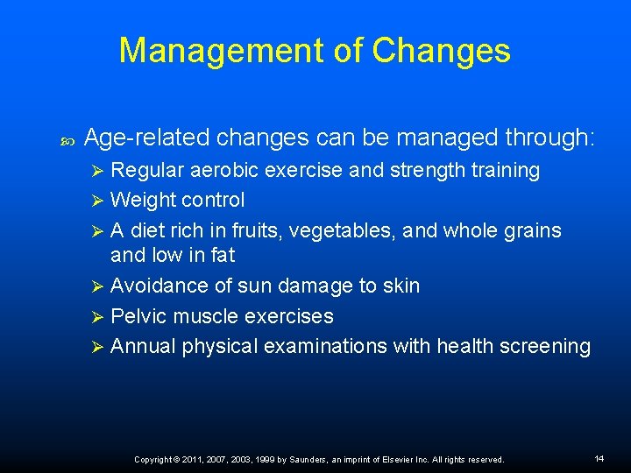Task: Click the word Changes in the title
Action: [441, 51]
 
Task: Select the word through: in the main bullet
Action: [550, 138]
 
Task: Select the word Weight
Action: [143, 200]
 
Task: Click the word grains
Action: [530, 230]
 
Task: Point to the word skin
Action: [401, 286]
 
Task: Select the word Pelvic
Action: [138, 315]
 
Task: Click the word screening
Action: [544, 346]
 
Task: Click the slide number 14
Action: [599, 458]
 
